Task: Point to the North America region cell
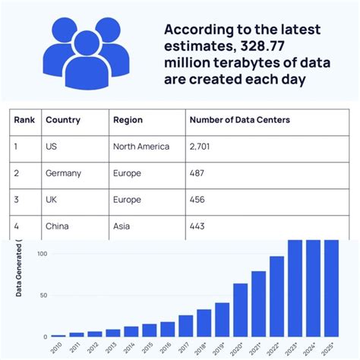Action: tap(141, 147)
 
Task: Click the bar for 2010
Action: tap(58, 335)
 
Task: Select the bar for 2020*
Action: tap(240, 310)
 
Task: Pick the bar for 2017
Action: tap(186, 326)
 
